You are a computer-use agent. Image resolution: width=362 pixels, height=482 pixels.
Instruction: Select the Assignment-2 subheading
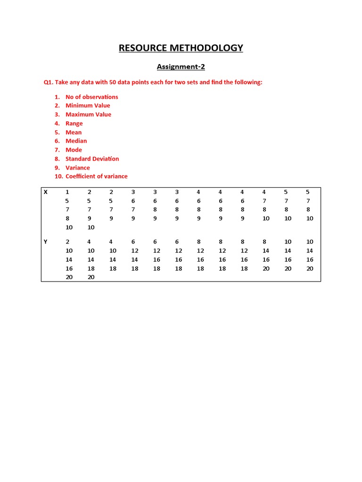pos(181,67)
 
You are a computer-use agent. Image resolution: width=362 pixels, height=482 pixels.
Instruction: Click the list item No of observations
pos(91,97)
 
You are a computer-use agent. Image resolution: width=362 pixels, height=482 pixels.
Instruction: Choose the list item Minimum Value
pos(88,105)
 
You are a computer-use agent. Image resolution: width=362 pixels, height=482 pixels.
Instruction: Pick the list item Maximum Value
pos(88,114)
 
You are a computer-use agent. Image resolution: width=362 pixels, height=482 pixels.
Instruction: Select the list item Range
pos(74,123)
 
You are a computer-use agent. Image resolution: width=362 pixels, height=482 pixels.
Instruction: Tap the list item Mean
pos(74,132)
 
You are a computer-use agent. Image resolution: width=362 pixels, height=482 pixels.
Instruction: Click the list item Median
pos(76,141)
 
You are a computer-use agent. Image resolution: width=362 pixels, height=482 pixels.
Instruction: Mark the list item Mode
pos(74,150)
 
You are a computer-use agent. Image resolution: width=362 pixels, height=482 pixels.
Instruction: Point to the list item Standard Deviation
pos(92,159)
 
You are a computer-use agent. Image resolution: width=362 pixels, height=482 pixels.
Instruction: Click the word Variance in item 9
pos(77,168)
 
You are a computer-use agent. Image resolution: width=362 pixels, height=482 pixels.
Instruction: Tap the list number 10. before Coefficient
pos(58,177)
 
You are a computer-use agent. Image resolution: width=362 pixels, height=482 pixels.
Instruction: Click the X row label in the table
pos(46,192)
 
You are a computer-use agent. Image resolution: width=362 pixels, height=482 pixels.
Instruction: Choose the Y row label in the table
pos(46,241)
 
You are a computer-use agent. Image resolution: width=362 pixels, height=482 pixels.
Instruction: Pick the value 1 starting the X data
pos(67,192)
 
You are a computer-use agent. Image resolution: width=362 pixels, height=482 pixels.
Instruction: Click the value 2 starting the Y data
pos(67,241)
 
